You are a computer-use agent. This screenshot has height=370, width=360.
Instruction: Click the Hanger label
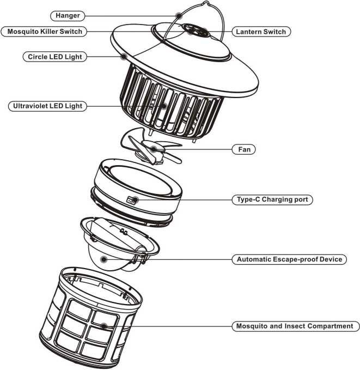[68, 16]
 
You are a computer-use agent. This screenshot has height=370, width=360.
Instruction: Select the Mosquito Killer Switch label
[45, 32]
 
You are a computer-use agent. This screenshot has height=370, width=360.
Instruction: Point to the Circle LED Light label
[54, 56]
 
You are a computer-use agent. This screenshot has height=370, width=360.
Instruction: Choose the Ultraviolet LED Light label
[47, 106]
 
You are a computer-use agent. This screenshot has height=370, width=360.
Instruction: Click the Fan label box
[244, 149]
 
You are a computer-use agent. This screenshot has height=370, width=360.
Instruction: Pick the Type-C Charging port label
[272, 199]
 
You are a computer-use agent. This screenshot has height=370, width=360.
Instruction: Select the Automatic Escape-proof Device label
[289, 259]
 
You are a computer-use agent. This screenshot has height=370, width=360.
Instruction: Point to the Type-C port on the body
[131, 200]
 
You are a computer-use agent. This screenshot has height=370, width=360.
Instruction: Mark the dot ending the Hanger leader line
[179, 16]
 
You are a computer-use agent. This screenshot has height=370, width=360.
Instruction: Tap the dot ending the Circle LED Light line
[124, 56]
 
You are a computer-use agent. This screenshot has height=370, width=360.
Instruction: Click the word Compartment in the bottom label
[332, 326]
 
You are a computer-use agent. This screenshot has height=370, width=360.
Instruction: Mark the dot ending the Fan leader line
[154, 148]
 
